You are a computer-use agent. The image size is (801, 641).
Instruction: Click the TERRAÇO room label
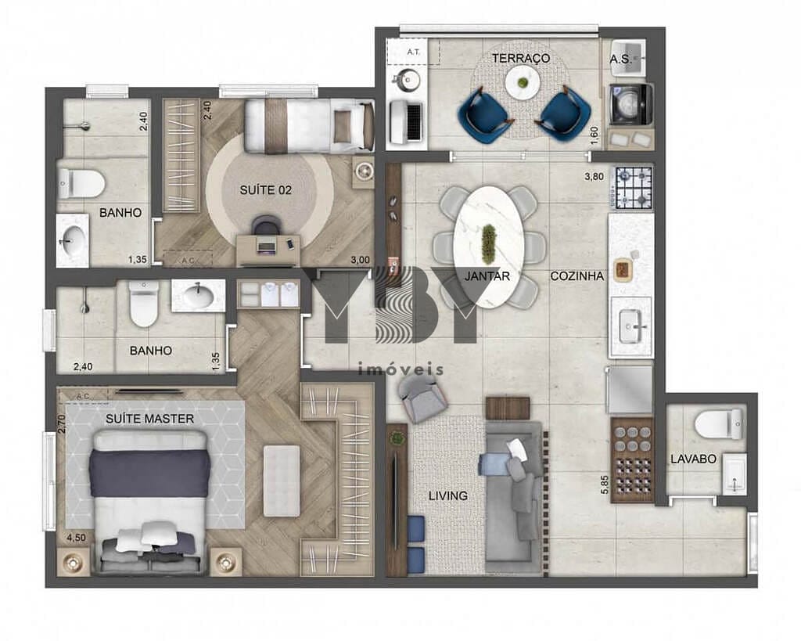(x=520, y=59)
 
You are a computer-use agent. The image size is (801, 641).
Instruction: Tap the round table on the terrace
(x=522, y=82)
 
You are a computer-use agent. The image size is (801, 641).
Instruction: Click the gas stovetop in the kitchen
(x=634, y=188)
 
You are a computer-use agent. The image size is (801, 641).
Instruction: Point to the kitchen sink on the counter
(x=632, y=326)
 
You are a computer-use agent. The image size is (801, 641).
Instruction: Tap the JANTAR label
(x=487, y=276)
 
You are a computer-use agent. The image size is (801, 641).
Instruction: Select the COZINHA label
(x=577, y=276)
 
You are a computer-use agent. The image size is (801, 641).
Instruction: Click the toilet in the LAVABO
(x=718, y=424)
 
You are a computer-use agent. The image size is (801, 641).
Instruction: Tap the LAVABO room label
(x=693, y=459)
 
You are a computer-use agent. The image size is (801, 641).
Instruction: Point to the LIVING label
(x=448, y=495)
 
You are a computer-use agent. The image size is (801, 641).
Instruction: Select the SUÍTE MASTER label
(x=150, y=419)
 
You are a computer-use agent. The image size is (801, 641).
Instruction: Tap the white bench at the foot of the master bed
(x=282, y=481)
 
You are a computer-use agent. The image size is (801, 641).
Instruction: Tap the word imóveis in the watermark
(x=400, y=369)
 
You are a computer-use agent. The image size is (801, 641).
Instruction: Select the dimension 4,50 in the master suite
(x=76, y=538)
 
